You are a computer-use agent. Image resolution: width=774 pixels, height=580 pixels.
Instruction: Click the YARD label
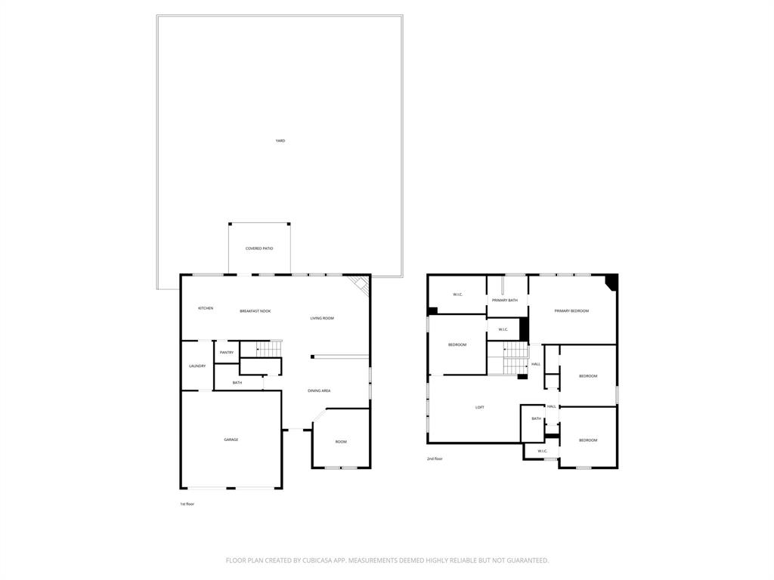280,140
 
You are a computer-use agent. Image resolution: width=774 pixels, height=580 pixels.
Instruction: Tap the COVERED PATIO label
259,248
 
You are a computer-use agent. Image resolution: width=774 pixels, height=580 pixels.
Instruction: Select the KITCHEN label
206,308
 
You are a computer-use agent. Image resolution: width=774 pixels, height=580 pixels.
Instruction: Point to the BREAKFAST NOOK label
255,311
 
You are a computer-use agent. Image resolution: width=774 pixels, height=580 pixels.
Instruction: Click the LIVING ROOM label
322,318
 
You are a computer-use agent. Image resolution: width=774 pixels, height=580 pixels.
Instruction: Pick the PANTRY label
227,353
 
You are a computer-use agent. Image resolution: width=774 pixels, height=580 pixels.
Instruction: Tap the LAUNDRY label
197,366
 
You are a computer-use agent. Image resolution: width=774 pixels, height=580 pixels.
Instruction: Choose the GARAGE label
231,440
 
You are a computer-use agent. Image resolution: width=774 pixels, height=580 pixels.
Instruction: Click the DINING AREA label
319,390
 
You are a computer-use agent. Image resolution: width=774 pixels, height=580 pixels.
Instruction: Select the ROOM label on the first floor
341,442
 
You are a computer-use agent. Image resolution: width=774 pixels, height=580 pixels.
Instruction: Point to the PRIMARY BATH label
505,301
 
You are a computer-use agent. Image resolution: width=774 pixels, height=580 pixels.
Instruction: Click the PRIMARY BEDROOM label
571,311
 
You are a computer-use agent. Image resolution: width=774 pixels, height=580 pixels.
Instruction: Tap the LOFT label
479,407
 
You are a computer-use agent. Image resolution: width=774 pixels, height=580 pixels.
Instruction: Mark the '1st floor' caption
187,504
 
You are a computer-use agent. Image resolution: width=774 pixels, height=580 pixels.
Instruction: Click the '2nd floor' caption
435,458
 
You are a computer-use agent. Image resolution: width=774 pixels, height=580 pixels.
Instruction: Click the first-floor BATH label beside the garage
237,383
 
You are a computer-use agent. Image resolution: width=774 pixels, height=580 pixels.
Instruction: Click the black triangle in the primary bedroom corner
612,282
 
